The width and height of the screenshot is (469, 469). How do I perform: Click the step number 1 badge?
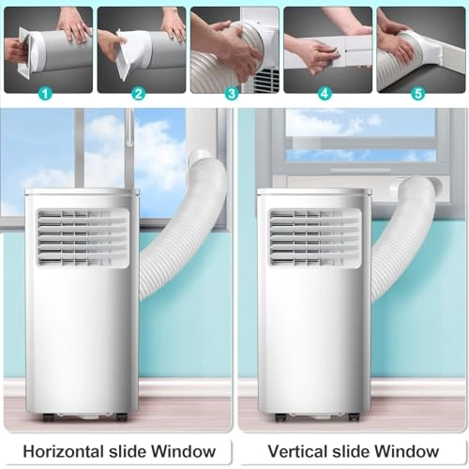[46, 94]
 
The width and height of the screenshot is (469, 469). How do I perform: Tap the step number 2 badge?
[139, 94]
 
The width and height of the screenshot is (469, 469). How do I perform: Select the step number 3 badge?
[232, 94]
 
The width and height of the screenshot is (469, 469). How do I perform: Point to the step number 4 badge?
[325, 94]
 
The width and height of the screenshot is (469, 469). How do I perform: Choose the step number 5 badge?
[418, 94]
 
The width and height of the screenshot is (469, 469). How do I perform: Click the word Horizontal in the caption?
[64, 451]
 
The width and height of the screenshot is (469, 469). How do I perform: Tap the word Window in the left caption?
[184, 451]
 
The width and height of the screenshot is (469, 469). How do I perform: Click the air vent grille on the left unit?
[83, 238]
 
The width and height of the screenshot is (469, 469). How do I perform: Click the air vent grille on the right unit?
[315, 238]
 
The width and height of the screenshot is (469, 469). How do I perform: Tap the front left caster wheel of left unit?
[48, 417]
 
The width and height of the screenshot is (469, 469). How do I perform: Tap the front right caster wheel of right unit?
[354, 417]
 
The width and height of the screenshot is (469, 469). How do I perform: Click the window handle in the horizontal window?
[129, 127]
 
